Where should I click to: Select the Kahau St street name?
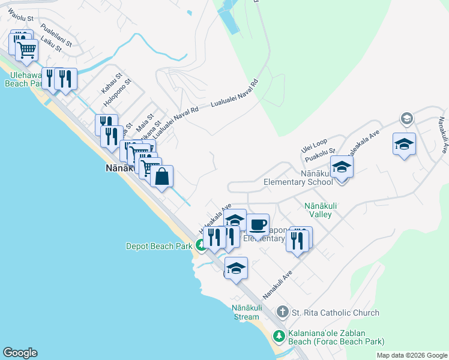111,83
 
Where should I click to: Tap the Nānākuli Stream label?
246,312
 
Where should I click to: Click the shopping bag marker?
162,177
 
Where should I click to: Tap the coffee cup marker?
258,225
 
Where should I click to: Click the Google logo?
20,353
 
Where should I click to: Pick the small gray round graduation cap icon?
406,119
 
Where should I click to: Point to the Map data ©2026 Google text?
411,355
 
